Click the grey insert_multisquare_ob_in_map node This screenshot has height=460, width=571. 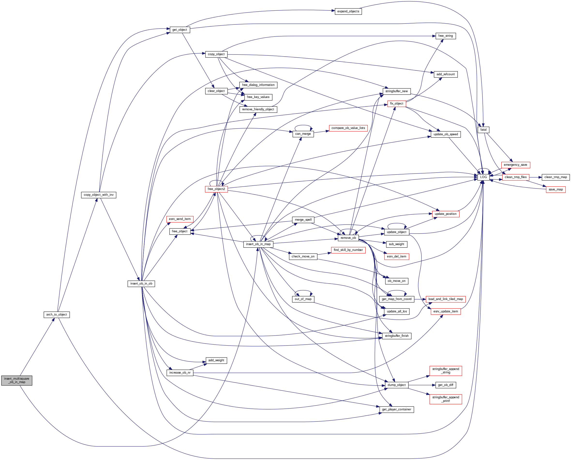[16, 380]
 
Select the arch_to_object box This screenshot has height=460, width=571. [56, 315]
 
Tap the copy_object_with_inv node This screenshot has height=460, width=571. [98, 195]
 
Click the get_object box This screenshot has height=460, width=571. [179, 30]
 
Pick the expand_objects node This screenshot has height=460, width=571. [348, 11]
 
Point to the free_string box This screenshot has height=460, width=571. [445, 36]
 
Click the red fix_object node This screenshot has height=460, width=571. [396, 104]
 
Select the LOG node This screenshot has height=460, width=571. [483, 177]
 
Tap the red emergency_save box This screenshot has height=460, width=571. [515, 165]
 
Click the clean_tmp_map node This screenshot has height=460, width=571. [555, 177]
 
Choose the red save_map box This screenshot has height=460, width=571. [555, 189]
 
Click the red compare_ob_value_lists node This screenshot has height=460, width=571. [348, 128]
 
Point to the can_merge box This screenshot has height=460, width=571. [303, 134]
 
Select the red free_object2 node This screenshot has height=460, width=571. [216, 189]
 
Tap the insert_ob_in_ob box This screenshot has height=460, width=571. [141, 284]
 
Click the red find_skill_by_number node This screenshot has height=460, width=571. [348, 250]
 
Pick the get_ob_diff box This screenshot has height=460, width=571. [445, 385]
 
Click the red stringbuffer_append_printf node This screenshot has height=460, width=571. [445, 399]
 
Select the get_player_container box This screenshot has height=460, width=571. [396, 409]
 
